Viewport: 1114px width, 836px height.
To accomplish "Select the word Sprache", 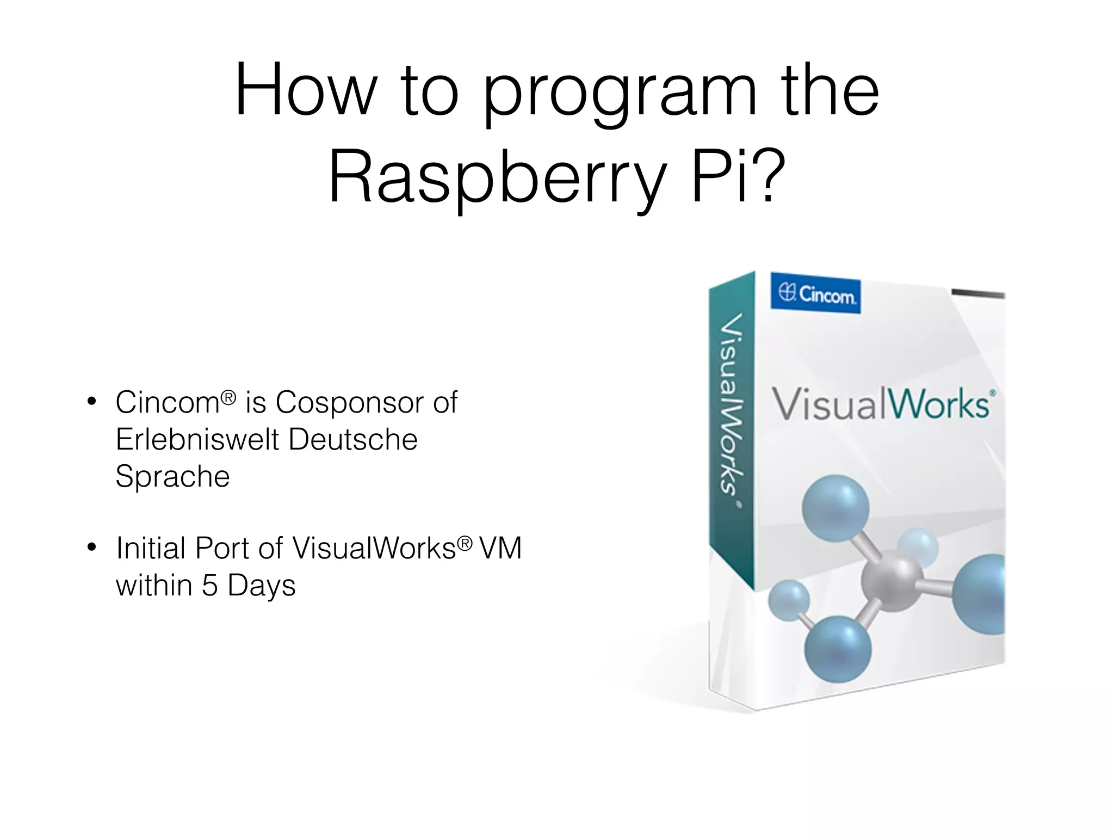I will [x=172, y=477].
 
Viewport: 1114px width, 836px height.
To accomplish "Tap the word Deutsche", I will [x=353, y=439].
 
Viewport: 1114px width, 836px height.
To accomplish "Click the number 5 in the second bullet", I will [x=209, y=586].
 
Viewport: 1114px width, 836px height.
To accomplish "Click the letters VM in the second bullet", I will [x=500, y=548].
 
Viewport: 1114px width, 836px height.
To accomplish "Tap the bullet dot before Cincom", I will [x=92, y=402].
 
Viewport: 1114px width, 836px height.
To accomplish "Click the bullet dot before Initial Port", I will [x=92, y=548].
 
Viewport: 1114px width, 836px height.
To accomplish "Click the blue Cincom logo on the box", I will [x=816, y=294].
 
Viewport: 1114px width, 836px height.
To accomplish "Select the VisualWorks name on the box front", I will [x=881, y=405].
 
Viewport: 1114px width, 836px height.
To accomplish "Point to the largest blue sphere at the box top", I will [x=835, y=508].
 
